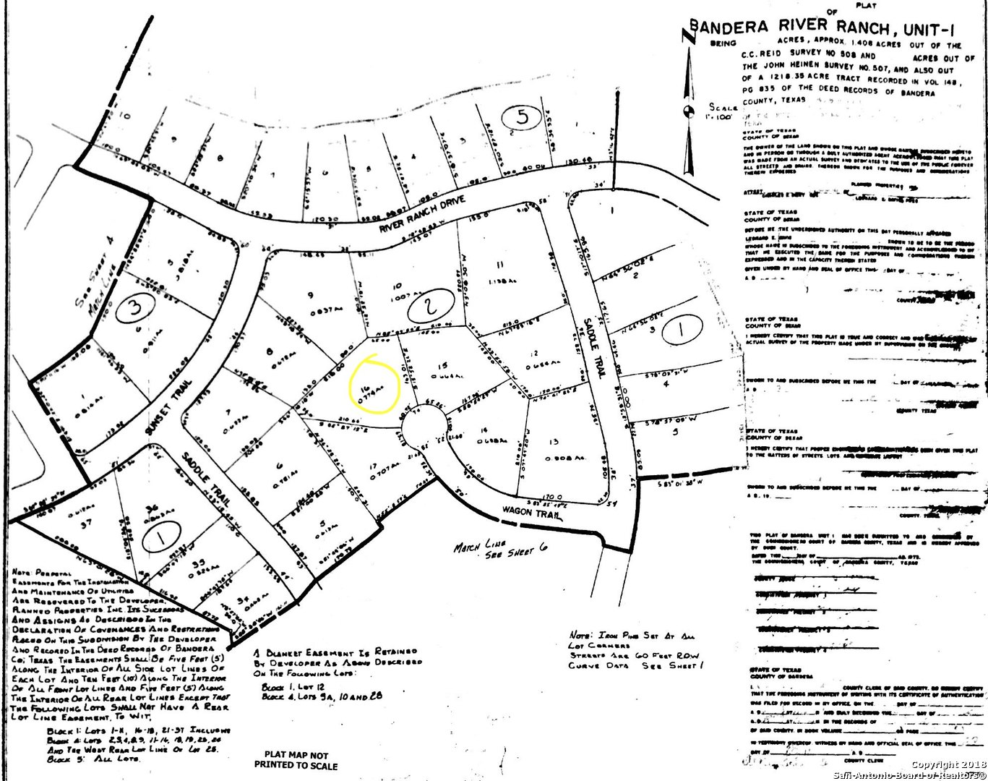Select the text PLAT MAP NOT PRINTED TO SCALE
(296, 759)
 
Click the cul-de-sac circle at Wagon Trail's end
(424, 430)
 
